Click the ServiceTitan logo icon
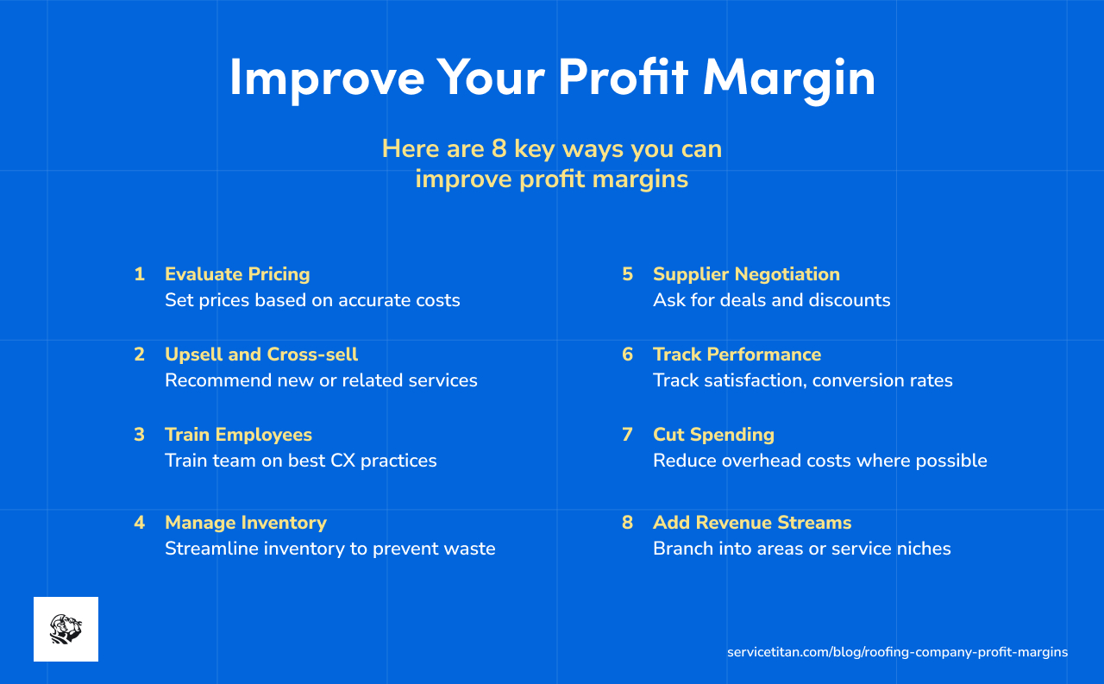66,629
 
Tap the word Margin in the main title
789,78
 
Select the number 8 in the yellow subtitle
499,149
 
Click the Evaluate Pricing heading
237,274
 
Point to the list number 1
139,274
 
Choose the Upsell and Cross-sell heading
261,355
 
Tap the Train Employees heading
238,435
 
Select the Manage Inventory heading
246,523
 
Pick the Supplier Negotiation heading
746,274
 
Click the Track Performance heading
737,355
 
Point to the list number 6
628,355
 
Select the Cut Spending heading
713,435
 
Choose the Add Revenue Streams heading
752,523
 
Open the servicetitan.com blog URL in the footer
897,652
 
